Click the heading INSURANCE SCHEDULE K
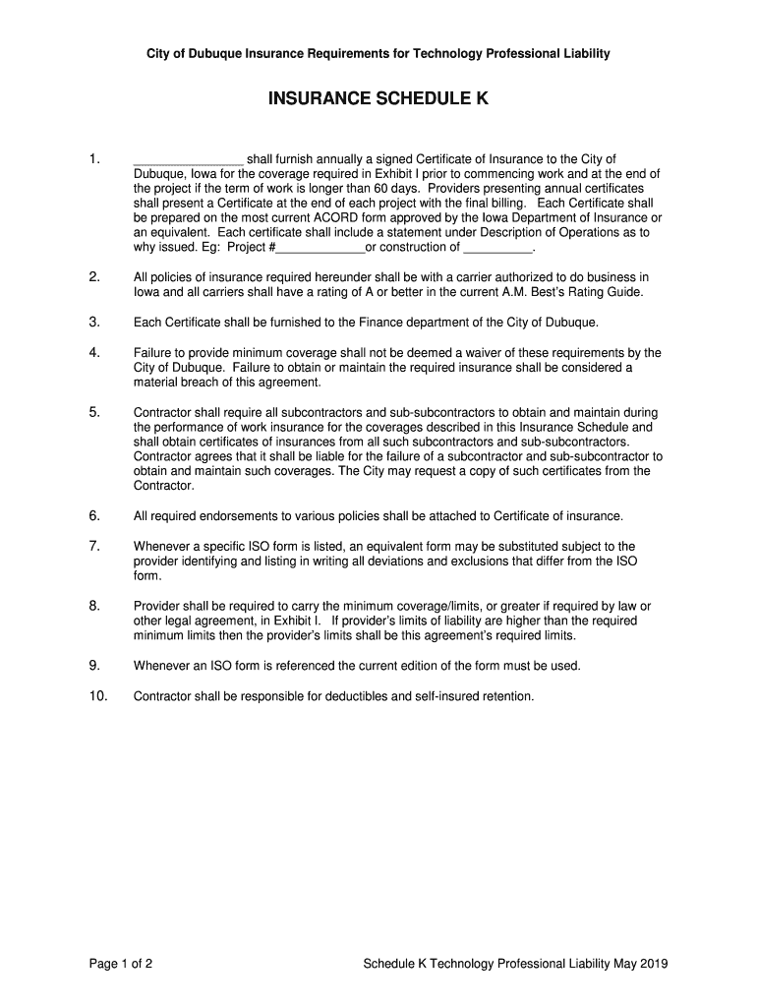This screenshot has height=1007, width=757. (378, 99)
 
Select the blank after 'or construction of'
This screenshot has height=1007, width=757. (496, 248)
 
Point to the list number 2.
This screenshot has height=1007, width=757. (94, 277)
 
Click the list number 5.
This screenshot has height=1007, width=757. (94, 412)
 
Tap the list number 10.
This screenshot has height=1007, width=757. (97, 696)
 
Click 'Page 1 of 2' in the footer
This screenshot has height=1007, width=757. (120, 964)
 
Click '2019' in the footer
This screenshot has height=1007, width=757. (653, 964)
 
